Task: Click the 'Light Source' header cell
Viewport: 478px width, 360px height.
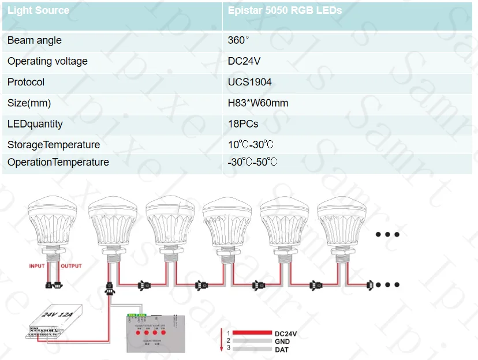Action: (38, 10)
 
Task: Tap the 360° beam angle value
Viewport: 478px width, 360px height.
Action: (238, 40)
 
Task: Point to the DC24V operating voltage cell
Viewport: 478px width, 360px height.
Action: (245, 61)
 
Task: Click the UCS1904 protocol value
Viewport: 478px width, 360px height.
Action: (249, 82)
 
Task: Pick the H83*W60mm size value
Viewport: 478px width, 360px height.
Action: (258, 103)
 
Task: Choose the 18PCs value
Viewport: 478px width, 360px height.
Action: (243, 124)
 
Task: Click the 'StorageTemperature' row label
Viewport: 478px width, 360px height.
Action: (54, 145)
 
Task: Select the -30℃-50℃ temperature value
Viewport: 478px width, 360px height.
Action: (252, 162)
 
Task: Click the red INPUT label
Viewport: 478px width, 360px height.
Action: (37, 266)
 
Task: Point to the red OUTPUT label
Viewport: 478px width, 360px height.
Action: (71, 266)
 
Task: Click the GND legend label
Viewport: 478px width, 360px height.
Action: (282, 342)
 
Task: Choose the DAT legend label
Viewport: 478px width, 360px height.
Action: (282, 350)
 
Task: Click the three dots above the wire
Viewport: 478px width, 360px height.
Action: (387, 234)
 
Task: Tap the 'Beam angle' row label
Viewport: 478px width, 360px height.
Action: (34, 40)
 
